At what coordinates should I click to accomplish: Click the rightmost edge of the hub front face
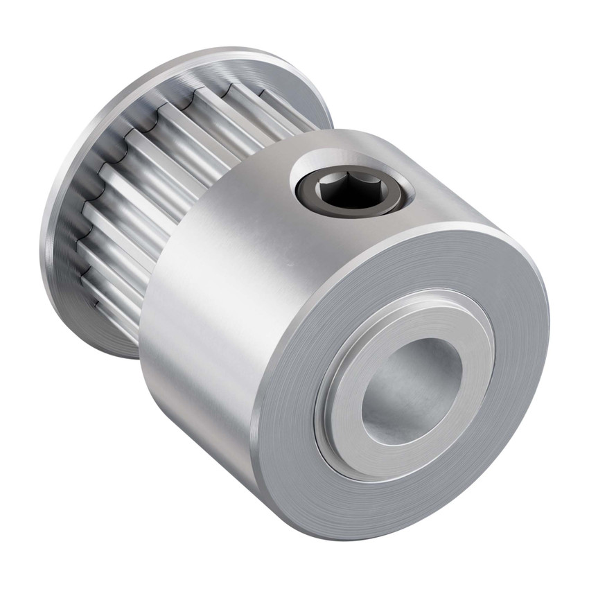click(548, 333)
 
